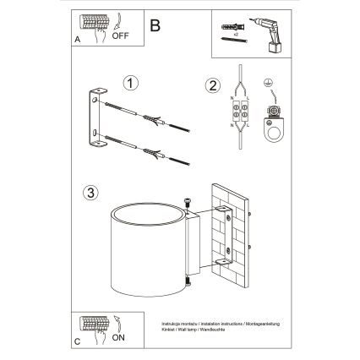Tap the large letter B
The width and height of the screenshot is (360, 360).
pyautogui.click(x=154, y=25)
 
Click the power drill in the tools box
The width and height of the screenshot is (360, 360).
pyautogui.click(x=270, y=33)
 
